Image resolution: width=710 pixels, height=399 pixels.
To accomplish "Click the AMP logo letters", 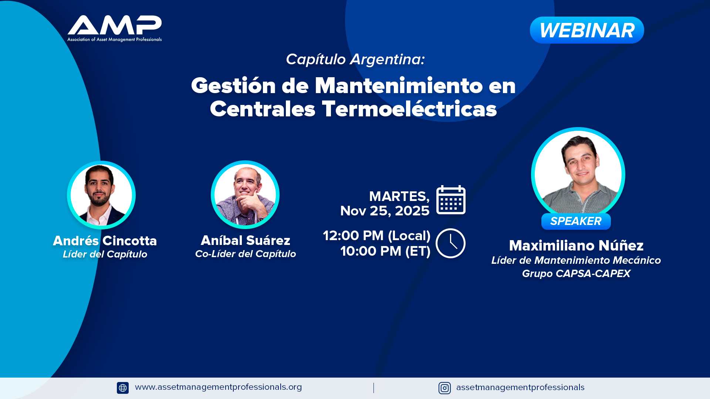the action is (115, 25).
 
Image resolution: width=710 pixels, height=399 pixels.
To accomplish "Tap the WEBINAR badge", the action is (587, 30).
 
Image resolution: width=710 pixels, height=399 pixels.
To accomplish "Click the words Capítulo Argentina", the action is (355, 59).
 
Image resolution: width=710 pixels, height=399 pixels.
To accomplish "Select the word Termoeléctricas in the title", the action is (409, 109).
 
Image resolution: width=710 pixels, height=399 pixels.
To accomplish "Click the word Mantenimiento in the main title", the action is (399, 86).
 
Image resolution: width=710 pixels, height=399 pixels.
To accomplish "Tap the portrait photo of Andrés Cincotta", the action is (101, 195).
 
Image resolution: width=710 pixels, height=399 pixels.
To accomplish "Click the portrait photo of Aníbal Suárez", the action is (245, 195).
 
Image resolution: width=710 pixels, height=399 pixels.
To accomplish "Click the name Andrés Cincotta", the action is (105, 241).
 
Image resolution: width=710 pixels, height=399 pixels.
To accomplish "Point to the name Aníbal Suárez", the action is (246, 241).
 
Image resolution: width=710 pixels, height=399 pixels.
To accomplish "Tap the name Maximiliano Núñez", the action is (576, 246).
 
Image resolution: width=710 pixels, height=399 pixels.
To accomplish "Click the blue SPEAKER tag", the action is (576, 221).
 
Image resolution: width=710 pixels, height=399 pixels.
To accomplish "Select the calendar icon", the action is (451, 200).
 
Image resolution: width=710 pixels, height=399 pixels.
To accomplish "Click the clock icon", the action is (450, 243).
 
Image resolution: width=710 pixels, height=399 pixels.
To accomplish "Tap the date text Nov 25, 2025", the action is (385, 211).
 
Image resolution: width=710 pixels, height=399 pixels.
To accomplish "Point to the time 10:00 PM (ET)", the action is (385, 251).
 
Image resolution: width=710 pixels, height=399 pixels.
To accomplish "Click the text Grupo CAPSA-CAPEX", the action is (576, 274).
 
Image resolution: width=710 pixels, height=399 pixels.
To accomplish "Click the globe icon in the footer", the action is (123, 388).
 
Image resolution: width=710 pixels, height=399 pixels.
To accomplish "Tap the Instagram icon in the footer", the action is (444, 388).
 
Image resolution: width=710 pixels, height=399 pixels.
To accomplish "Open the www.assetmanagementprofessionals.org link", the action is (219, 387).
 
